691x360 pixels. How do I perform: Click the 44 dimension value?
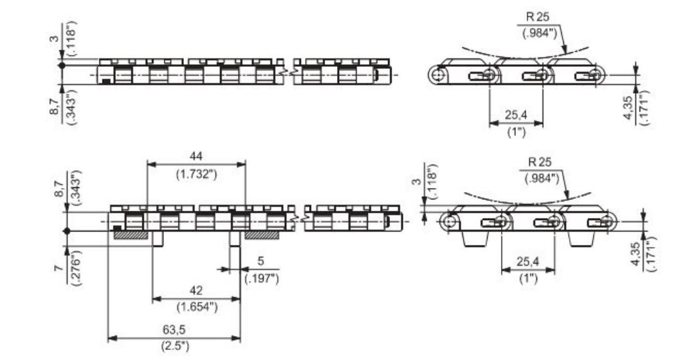[x=196, y=155]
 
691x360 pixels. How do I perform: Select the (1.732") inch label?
[x=196, y=174]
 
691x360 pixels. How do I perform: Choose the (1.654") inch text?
[x=196, y=306]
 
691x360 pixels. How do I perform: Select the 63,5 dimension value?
[x=174, y=331]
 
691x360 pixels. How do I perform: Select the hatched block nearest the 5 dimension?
[x=264, y=235]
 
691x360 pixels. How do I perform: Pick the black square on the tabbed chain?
[x=118, y=228]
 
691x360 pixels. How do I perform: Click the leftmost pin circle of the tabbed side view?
[x=451, y=221]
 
